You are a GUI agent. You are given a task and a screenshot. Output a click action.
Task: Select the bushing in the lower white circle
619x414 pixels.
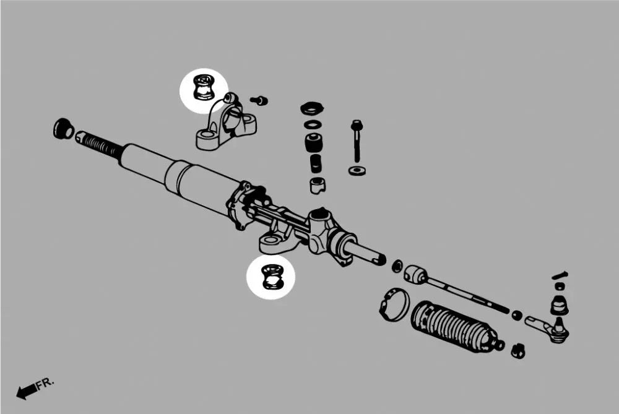point(271,276)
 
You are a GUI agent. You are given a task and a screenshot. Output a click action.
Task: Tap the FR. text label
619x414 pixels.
point(45,384)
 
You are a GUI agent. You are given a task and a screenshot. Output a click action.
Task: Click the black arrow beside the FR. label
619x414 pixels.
point(25,391)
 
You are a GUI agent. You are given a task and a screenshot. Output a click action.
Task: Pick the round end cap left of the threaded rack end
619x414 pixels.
point(63,128)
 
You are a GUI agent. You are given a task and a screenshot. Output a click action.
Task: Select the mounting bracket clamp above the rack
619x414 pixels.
point(226,125)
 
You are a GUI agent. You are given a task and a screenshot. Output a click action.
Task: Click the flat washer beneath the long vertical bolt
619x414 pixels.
point(356,170)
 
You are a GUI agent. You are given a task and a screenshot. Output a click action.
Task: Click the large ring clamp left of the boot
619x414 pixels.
point(394,303)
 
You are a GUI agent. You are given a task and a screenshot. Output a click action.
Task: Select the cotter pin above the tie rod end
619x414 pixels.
point(560,275)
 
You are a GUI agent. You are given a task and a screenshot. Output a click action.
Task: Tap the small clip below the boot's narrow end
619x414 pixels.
point(519,351)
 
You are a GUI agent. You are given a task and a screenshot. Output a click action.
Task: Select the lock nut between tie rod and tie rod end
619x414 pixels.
point(516,315)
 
